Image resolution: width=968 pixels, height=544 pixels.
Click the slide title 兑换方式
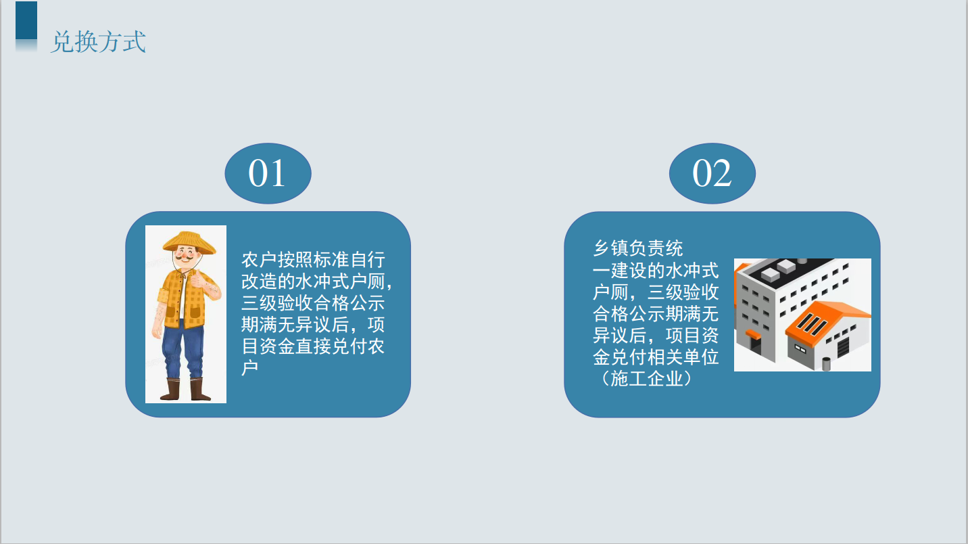[x=99, y=42]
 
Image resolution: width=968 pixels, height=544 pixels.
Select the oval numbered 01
[x=268, y=173]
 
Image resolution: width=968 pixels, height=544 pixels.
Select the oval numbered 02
[x=712, y=173]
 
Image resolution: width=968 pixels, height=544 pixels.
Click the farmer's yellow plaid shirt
[x=187, y=299]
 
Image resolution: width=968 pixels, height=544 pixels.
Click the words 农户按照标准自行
[x=313, y=259]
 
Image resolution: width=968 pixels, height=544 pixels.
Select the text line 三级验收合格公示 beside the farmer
[x=313, y=302]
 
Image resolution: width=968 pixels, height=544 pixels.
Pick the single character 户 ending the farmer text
[x=250, y=367]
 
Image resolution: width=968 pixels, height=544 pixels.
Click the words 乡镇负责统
[x=638, y=248]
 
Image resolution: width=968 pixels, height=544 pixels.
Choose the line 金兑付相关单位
[x=656, y=357]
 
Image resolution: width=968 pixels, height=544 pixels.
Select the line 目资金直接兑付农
[x=313, y=346]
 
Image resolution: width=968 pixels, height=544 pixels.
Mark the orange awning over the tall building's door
[x=753, y=334]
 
